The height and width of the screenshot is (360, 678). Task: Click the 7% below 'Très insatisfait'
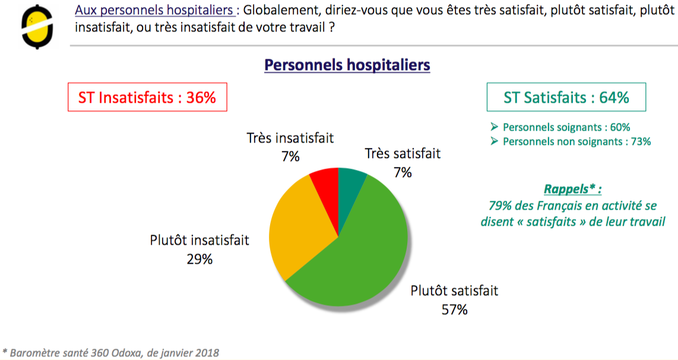(x=290, y=157)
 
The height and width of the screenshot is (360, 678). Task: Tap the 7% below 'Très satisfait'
(x=403, y=172)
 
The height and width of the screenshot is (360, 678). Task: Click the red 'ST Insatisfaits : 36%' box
(x=147, y=97)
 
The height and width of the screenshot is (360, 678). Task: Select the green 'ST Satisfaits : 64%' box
(x=566, y=97)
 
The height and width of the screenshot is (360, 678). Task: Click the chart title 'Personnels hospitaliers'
(x=347, y=65)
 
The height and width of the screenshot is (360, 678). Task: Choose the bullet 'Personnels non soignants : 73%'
(x=576, y=141)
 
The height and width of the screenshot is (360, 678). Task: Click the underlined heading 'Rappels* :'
(x=572, y=190)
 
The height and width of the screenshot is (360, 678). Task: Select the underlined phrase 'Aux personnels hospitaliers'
(x=154, y=11)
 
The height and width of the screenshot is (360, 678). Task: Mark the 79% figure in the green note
(x=498, y=206)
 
